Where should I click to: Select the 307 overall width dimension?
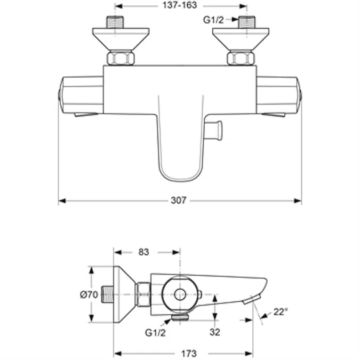click(x=178, y=201)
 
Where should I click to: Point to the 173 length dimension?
click(x=182, y=353)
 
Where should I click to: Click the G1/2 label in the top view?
click(x=213, y=20)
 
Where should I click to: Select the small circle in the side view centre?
click(x=180, y=293)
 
